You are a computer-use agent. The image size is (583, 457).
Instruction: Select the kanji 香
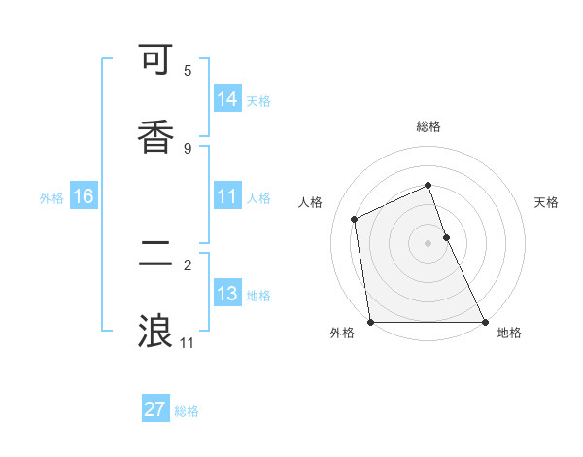[155, 136]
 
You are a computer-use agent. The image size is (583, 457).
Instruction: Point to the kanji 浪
[155, 331]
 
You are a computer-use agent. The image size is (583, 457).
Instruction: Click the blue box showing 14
[226, 99]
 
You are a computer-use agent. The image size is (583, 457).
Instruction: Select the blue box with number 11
[226, 196]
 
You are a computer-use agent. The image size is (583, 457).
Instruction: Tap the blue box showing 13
[226, 294]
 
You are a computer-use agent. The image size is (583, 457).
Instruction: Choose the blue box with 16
[84, 196]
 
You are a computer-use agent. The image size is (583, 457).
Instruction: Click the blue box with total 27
[155, 409]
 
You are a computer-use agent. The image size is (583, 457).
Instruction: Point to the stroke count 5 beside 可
[188, 71]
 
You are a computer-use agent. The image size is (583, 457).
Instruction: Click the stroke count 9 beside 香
[188, 148]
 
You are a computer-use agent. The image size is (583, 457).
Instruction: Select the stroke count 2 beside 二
[188, 264]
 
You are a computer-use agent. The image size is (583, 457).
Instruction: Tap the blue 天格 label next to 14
[258, 101]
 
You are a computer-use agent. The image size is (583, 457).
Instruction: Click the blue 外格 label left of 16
[51, 198]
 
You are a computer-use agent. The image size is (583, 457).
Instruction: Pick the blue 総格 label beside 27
[188, 411]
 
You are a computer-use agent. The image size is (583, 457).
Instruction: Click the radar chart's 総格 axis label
[429, 126]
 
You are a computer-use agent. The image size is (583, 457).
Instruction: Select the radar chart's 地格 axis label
[509, 334]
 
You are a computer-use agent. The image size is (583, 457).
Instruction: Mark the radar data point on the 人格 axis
[355, 219]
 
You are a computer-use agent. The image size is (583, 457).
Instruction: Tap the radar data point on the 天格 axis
[446, 237]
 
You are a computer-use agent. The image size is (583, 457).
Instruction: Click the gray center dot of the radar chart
[429, 243]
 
